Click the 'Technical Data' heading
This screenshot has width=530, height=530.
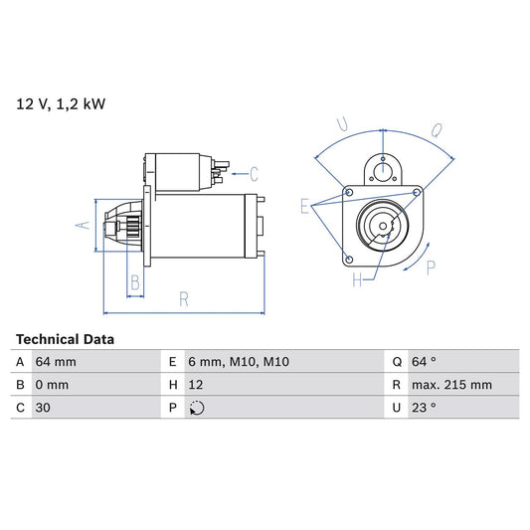(x=65, y=339)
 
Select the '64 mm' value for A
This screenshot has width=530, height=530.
(x=57, y=362)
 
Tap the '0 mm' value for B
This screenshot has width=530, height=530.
(x=53, y=385)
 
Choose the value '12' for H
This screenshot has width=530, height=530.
(x=194, y=385)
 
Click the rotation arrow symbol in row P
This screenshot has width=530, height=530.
(x=196, y=408)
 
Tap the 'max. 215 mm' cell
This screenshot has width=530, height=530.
(x=453, y=385)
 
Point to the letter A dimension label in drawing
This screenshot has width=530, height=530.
(x=84, y=226)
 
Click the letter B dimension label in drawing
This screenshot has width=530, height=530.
(x=135, y=283)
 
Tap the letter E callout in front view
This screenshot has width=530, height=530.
(x=305, y=206)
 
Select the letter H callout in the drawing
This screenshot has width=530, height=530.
(x=357, y=280)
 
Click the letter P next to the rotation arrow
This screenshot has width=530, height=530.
(x=430, y=266)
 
